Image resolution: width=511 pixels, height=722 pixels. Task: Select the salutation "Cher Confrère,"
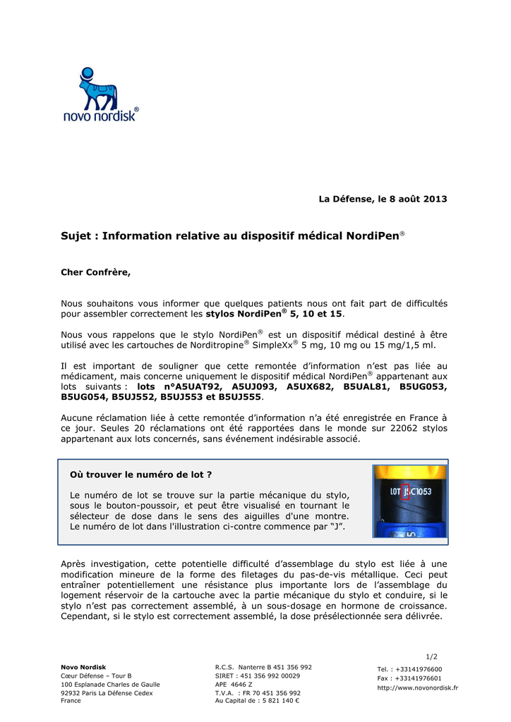96,271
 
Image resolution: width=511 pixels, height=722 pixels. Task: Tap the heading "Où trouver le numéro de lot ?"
141,475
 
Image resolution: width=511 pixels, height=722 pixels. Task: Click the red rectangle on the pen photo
405,491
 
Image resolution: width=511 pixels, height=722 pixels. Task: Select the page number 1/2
432,656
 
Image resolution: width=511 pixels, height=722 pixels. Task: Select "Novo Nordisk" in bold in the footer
83,667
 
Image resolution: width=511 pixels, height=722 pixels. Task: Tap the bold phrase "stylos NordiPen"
244,313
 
